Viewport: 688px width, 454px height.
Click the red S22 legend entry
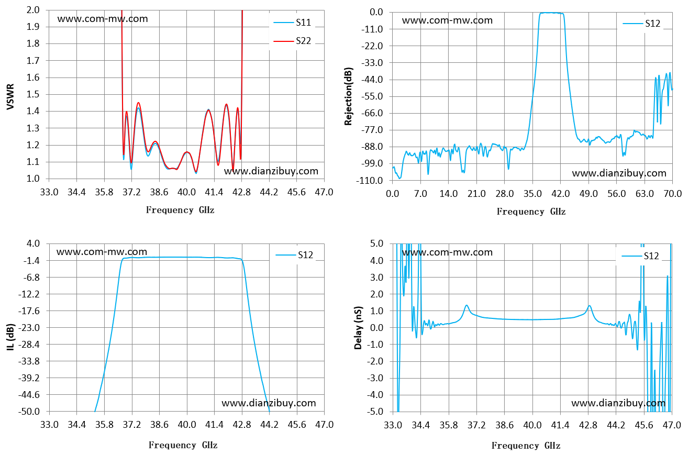tap(292, 41)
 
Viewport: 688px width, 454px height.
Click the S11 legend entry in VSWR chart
tap(292, 23)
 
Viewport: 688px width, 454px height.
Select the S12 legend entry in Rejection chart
tap(641, 24)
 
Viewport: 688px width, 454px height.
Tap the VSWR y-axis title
tap(10, 96)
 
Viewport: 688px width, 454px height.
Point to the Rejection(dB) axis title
tap(348, 96)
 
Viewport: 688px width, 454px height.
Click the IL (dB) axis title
tap(10, 337)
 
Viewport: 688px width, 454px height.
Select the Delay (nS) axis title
tap(358, 328)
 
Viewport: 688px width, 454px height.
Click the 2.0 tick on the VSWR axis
tap(33, 10)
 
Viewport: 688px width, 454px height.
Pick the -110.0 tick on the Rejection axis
tap(370, 180)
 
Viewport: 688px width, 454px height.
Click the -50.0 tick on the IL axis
tap(29, 411)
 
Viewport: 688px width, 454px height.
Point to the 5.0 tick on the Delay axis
tap(377, 243)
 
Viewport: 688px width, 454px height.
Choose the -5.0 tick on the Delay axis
tap(375, 411)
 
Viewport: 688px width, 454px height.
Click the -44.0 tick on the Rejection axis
tap(372, 80)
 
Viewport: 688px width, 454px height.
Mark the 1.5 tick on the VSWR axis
tap(33, 94)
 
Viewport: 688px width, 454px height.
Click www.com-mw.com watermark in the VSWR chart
tap(103, 19)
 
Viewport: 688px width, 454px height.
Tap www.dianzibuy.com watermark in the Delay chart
tap(618, 403)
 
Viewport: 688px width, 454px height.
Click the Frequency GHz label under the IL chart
tap(183, 445)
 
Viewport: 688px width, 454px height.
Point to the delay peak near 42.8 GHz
tap(590, 306)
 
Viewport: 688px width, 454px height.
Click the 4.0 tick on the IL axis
tap(33, 243)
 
